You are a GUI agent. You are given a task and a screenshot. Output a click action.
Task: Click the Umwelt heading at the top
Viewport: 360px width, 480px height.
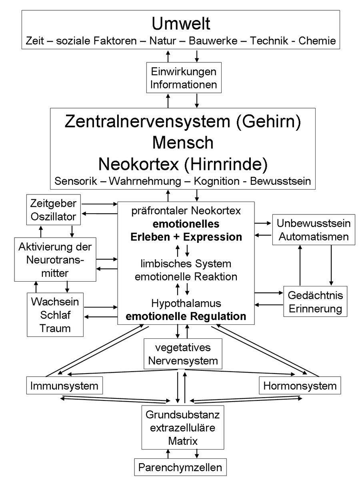click(x=181, y=24)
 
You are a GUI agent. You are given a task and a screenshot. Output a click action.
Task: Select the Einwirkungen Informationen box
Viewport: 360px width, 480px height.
click(x=184, y=78)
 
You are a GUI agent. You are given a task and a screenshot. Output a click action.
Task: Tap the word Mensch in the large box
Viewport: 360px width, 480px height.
click(x=183, y=142)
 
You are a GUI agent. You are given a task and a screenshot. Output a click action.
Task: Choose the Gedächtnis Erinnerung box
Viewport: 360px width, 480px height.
click(x=316, y=302)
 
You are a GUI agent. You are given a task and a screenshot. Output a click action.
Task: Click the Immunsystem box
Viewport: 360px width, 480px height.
click(x=64, y=386)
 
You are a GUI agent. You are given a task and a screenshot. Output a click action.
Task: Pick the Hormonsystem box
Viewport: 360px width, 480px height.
click(x=300, y=386)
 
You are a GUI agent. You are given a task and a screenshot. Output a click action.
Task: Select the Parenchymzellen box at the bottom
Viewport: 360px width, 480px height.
click(x=180, y=467)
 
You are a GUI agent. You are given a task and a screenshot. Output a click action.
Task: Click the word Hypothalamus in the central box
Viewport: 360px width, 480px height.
click(x=186, y=302)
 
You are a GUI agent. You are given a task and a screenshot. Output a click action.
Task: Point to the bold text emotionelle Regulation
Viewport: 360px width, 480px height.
click(x=186, y=316)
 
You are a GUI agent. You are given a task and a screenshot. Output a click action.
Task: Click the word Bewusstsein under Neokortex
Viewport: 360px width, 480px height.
click(x=280, y=181)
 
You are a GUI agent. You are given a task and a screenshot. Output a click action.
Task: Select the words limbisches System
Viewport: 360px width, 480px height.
click(x=186, y=264)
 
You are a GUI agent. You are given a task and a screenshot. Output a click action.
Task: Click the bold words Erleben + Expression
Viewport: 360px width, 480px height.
click(x=186, y=236)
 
